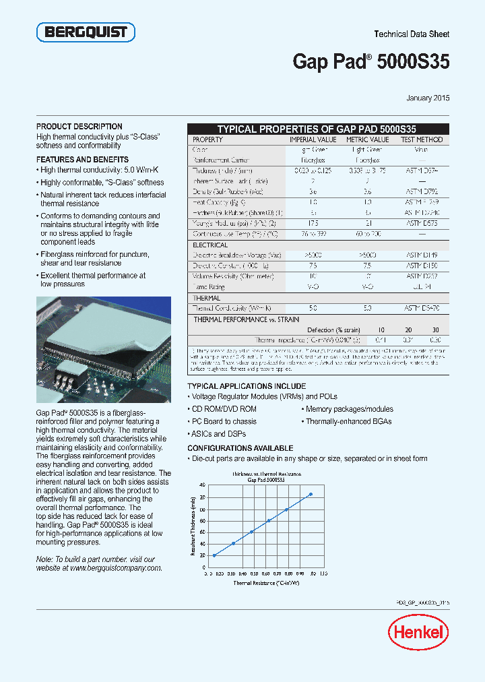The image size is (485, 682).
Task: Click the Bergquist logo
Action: [x=86, y=32]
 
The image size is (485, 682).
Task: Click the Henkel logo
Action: [x=418, y=631]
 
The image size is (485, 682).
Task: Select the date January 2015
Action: [x=428, y=98]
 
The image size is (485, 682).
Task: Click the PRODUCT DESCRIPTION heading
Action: [x=79, y=127]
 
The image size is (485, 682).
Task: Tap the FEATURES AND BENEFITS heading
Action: [x=82, y=160]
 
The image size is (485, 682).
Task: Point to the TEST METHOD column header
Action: [x=422, y=139]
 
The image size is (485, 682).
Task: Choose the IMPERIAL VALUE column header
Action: [x=312, y=139]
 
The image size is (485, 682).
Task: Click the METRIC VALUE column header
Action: [x=367, y=139]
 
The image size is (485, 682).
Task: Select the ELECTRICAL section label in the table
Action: [x=210, y=245]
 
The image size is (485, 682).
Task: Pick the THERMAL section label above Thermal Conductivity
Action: [x=207, y=298]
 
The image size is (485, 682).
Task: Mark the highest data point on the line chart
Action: [x=311, y=494]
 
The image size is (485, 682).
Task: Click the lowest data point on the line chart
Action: [x=214, y=555]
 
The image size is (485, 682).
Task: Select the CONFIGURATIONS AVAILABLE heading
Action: [x=240, y=448]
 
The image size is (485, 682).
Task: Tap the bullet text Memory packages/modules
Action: [x=349, y=409]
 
